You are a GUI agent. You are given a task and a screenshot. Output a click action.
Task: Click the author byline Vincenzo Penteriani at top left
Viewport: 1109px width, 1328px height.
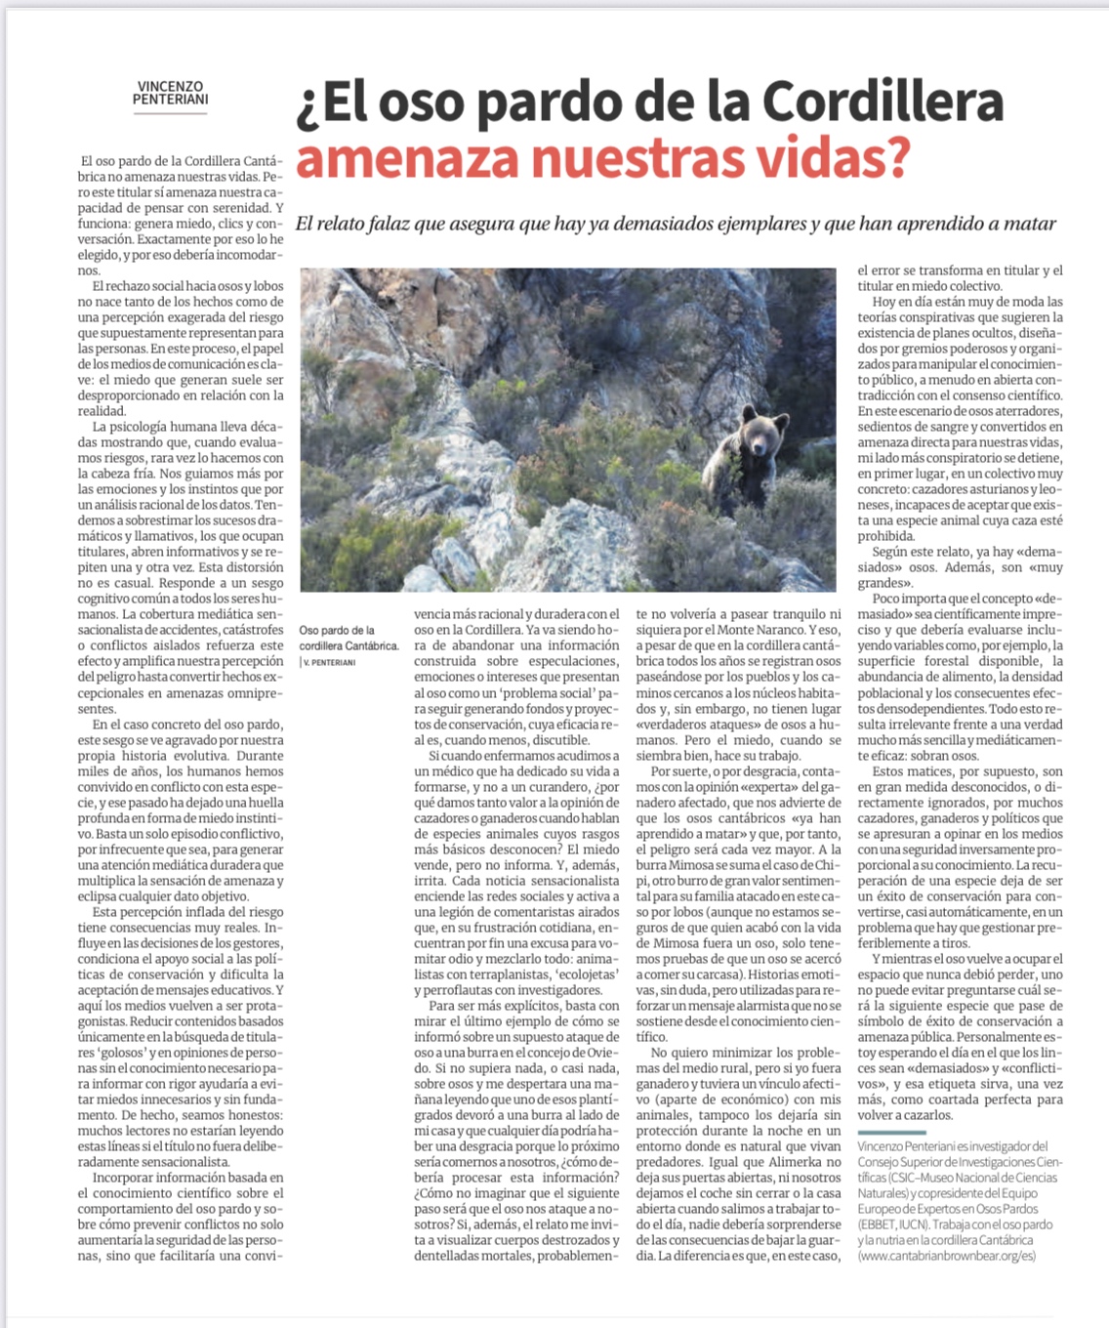pos(170,93)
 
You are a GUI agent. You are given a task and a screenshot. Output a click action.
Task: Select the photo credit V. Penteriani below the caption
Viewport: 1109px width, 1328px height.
pos(330,662)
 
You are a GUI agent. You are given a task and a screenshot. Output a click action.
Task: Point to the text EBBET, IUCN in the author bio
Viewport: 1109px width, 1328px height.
pos(893,1224)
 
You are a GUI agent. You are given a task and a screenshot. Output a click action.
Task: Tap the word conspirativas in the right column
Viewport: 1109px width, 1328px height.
pos(955,317)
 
